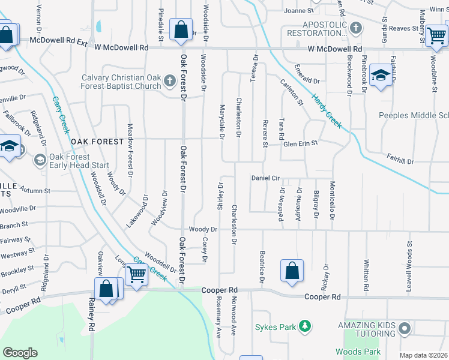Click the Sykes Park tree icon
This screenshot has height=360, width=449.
click(306, 326)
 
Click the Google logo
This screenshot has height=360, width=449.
click(20, 353)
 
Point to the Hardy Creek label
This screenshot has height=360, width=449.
click(326, 110)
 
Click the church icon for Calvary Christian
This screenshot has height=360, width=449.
click(170, 80)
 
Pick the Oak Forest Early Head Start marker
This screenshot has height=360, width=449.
click(40, 160)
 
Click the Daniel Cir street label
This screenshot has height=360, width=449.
click(267, 178)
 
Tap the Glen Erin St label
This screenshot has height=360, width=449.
click(300, 143)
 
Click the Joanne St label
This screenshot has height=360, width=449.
click(299, 11)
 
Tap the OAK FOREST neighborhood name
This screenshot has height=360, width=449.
click(92, 142)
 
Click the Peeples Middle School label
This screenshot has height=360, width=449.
click(414, 115)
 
